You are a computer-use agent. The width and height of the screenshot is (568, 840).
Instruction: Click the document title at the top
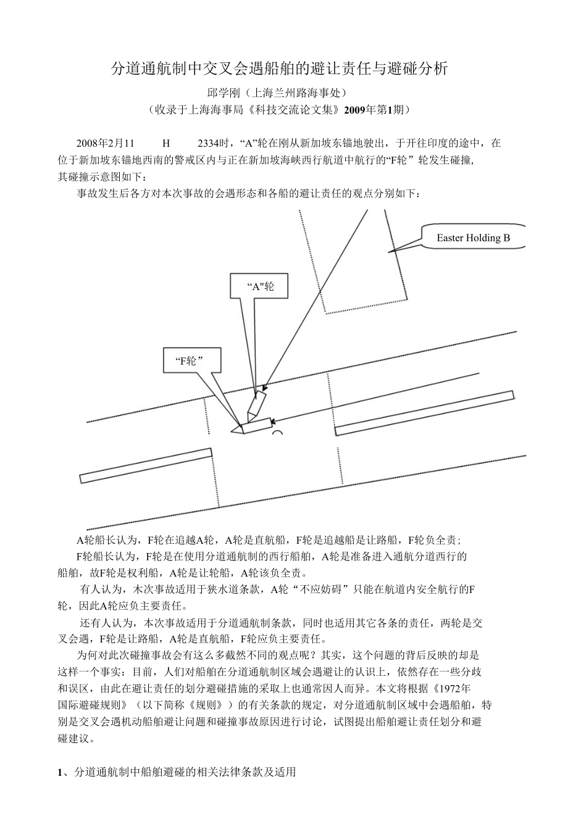click(x=279, y=69)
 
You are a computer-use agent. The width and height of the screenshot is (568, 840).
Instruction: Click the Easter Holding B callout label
click(x=473, y=238)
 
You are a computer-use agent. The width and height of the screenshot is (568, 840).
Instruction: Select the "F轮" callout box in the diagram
click(x=192, y=361)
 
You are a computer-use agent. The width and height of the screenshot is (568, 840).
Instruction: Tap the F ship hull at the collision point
click(x=256, y=426)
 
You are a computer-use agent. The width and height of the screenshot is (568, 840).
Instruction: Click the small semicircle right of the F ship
click(x=277, y=433)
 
